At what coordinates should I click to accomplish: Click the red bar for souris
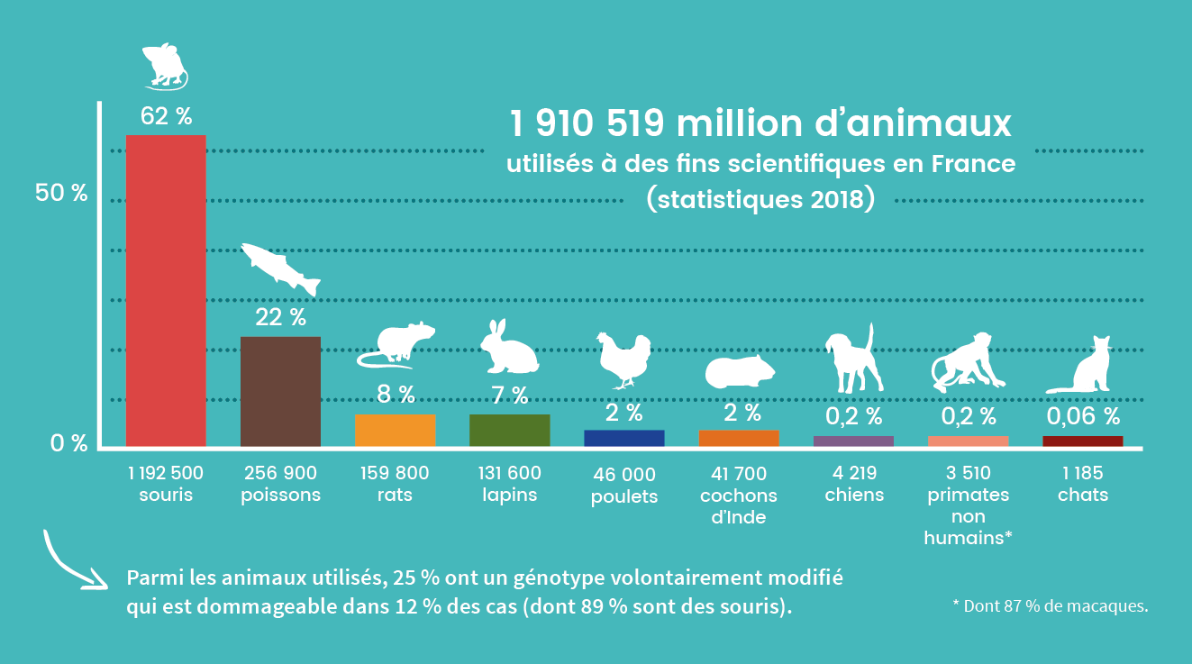pyautogui.click(x=166, y=290)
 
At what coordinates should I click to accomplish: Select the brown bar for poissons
pyautogui.click(x=280, y=391)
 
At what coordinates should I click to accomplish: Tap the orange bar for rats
pyautogui.click(x=395, y=430)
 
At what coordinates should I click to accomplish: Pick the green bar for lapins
pyautogui.click(x=509, y=430)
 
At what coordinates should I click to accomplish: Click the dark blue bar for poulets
pyautogui.click(x=623, y=438)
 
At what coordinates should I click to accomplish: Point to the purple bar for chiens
pyautogui.click(x=853, y=441)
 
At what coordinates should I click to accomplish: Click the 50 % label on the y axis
pyautogui.click(x=61, y=193)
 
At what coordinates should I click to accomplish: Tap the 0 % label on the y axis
pyautogui.click(x=68, y=443)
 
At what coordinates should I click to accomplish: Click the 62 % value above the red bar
pyautogui.click(x=166, y=116)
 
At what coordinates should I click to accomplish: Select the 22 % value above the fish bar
pyautogui.click(x=280, y=317)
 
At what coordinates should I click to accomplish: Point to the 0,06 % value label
pyautogui.click(x=1083, y=416)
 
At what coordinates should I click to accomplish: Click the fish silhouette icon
pyautogui.click(x=280, y=268)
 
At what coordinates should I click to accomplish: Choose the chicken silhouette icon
pyautogui.click(x=623, y=358)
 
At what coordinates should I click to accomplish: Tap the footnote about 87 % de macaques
pyautogui.click(x=1050, y=605)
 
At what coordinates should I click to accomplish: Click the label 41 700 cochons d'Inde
pyautogui.click(x=738, y=496)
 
